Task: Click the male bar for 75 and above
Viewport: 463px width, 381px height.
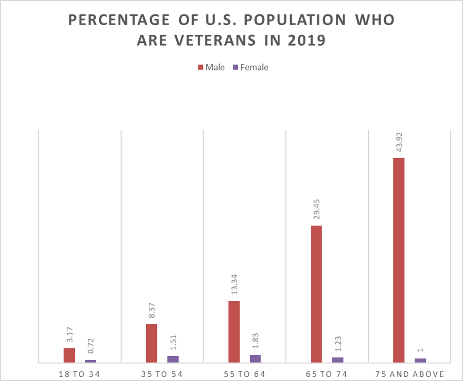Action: pos(399,260)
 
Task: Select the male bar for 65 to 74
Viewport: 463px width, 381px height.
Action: pos(316,294)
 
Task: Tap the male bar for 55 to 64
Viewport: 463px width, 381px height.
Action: pos(234,331)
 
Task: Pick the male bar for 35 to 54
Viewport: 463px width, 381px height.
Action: pos(151,343)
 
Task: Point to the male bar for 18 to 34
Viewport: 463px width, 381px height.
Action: pos(69,355)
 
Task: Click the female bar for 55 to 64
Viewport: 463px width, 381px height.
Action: pos(255,359)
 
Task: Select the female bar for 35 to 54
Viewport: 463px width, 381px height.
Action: pos(173,359)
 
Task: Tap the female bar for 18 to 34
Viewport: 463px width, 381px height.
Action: pos(91,361)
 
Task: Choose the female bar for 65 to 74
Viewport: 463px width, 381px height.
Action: pos(338,360)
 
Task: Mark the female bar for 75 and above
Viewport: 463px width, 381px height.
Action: pos(420,361)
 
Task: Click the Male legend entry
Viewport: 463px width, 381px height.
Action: pos(211,67)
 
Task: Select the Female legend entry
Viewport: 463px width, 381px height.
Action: pos(250,67)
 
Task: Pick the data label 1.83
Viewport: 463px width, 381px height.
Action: pos(256,341)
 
